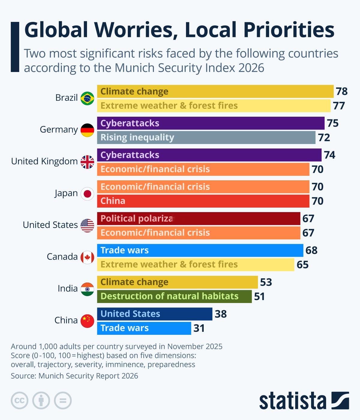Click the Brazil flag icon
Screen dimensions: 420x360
[87, 98]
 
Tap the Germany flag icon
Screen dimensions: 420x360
[87, 130]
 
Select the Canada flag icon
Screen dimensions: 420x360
[87, 257]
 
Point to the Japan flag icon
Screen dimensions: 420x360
[87, 193]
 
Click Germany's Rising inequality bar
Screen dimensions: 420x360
[206, 137]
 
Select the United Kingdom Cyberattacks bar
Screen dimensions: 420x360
[209, 155]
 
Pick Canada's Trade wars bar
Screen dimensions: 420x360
[200, 250]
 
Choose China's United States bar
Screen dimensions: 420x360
[154, 314]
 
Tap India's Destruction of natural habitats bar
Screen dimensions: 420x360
[174, 296]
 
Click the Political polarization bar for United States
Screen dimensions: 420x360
[199, 218]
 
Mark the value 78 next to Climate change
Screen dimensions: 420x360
[341, 91]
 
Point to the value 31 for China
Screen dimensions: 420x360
[199, 328]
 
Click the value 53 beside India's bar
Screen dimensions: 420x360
[266, 282]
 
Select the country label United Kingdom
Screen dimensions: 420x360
[44, 161]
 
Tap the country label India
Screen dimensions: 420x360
[67, 289]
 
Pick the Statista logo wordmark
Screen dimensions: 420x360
[292, 400]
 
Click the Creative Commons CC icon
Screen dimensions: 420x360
[19, 400]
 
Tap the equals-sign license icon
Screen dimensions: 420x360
[63, 400]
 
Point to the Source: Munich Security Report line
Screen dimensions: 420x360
[74, 376]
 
